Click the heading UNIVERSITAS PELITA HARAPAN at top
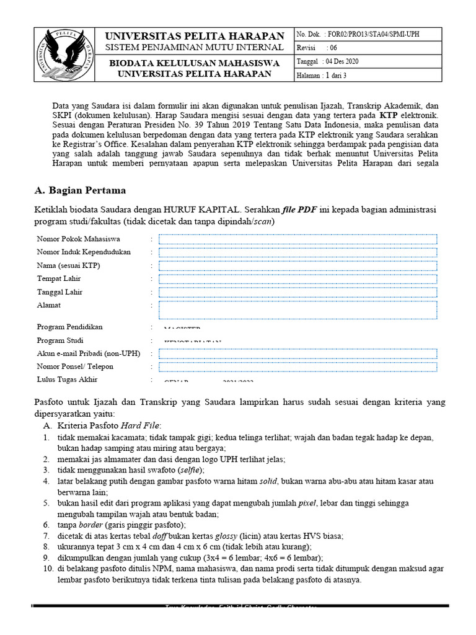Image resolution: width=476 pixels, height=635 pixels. (195, 36)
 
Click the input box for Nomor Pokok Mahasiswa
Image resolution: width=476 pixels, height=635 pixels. (297, 239)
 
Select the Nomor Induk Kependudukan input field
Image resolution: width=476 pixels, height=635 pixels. (297, 252)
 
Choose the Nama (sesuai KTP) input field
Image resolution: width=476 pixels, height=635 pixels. (297, 266)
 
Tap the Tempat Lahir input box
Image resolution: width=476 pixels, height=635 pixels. (297, 279)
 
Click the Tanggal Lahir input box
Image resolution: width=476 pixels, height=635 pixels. (297, 293)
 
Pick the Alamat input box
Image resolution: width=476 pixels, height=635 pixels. (297, 309)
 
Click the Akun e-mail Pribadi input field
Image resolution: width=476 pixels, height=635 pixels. (297, 353)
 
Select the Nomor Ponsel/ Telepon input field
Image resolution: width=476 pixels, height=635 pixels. (297, 367)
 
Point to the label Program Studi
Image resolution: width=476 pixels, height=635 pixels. (60, 340)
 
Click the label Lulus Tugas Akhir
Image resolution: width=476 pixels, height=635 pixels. (67, 380)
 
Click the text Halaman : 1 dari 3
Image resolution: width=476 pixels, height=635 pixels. (321, 75)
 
